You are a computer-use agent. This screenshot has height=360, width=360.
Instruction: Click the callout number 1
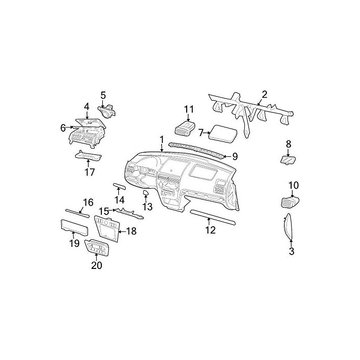(161, 139)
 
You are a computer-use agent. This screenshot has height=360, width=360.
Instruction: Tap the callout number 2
(264, 94)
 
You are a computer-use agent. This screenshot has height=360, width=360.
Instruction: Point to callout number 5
(103, 95)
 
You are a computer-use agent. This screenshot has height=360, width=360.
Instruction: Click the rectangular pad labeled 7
(223, 134)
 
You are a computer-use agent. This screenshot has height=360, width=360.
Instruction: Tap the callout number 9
(235, 156)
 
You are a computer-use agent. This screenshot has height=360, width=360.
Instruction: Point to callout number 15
(104, 211)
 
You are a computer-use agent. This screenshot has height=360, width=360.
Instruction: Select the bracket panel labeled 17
(89, 156)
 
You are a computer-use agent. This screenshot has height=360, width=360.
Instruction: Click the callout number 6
(63, 128)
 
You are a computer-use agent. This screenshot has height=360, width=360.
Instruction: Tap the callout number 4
(87, 107)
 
